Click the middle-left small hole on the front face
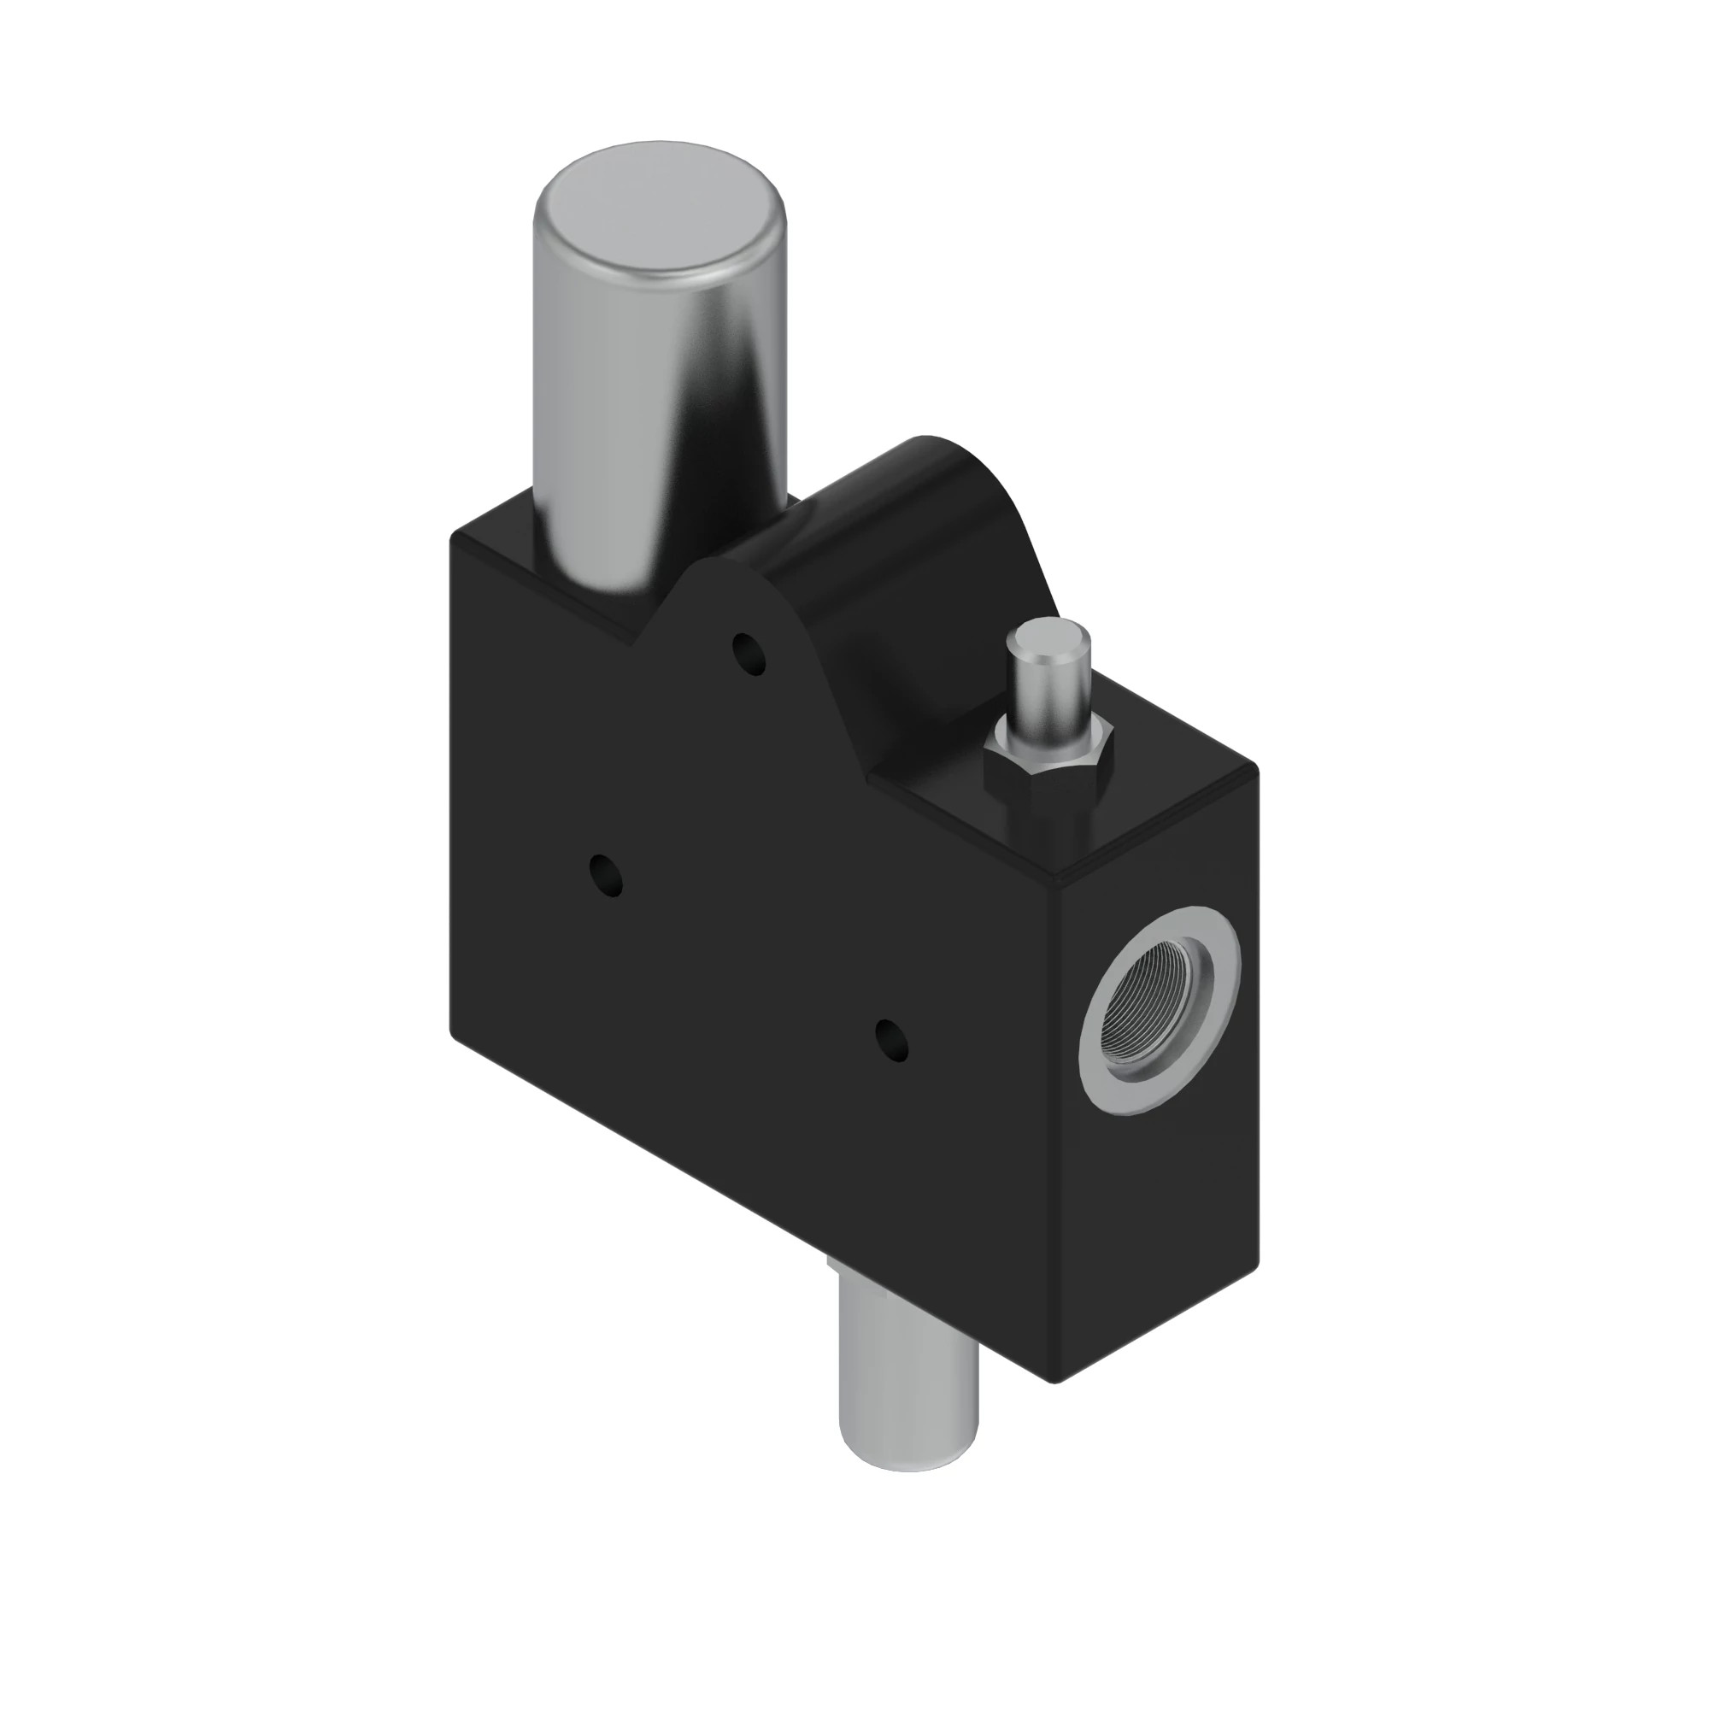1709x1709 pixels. pos(606,874)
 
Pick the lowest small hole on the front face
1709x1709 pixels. pos(891,1040)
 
